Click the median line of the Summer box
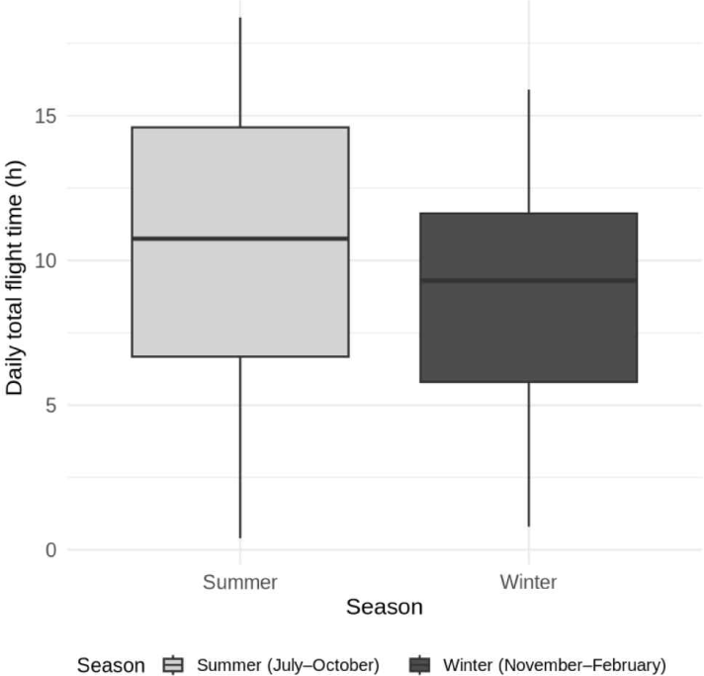pyautogui.click(x=239, y=239)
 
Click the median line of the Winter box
pyautogui.click(x=528, y=280)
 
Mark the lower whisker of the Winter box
pyautogui.click(x=528, y=454)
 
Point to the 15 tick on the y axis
pyautogui.click(x=44, y=116)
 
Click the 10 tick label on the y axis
pyautogui.click(x=44, y=260)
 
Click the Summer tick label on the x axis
pyautogui.click(x=239, y=581)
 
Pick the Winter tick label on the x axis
pyautogui.click(x=528, y=581)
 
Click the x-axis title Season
pyautogui.click(x=384, y=607)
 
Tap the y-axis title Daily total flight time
pyautogui.click(x=15, y=281)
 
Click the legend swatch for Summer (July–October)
pyautogui.click(x=174, y=665)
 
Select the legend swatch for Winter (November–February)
pyautogui.click(x=420, y=665)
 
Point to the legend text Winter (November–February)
pyautogui.click(x=555, y=665)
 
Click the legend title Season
pyautogui.click(x=111, y=665)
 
